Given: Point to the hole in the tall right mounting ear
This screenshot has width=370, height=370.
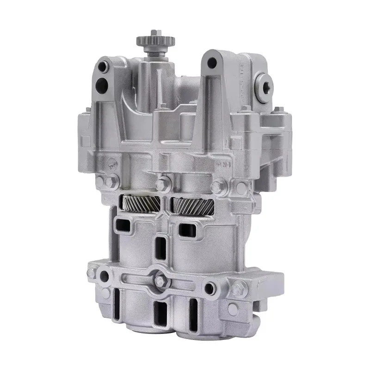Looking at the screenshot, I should tap(212, 62).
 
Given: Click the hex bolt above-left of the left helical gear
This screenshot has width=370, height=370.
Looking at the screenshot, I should tap(110, 182).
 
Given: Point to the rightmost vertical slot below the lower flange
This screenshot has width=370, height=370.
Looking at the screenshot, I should tap(193, 311).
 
